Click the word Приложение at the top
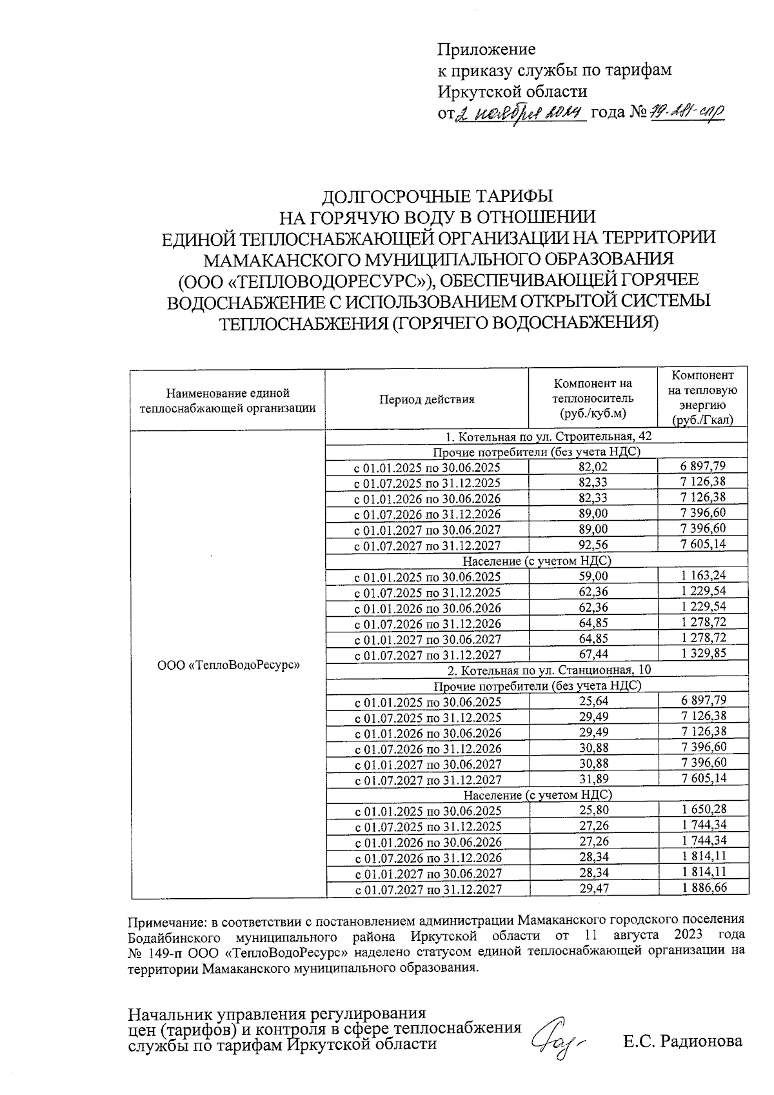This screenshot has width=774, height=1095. tap(487, 50)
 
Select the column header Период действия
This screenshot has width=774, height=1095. tap(426, 399)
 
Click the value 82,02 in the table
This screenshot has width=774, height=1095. tap(593, 467)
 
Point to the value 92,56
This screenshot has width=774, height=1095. tap(593, 545)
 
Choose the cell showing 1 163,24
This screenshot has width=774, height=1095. tap(704, 576)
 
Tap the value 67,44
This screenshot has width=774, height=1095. tap(593, 655)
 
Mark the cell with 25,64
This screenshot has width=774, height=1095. tap(593, 701)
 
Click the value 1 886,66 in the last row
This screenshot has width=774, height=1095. tap(704, 889)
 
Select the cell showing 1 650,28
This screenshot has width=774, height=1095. tap(704, 810)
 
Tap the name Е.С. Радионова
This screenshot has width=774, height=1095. tap(682, 1041)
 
